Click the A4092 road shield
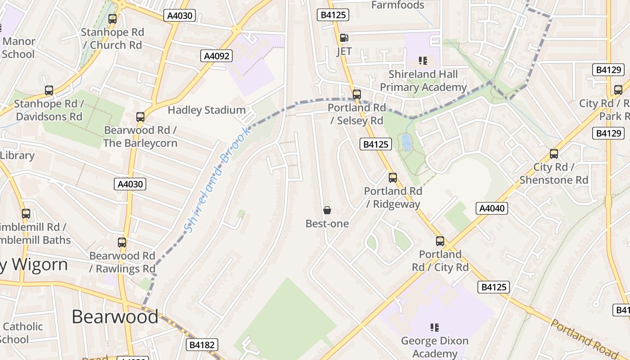point(216,56)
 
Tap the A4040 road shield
point(492,208)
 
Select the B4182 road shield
point(202,345)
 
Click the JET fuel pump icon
point(344,38)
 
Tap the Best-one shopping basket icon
point(327,210)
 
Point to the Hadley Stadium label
point(207,110)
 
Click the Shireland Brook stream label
point(216,180)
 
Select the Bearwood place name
point(115,316)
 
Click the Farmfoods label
point(398,5)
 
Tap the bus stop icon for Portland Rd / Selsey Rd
point(357,94)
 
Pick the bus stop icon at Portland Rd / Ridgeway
point(393,178)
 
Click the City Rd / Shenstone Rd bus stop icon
point(554,154)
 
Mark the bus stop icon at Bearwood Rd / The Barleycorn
point(140,117)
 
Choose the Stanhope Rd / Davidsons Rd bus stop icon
point(49,90)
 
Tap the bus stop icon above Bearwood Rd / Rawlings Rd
point(122,243)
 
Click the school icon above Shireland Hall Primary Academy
point(423,60)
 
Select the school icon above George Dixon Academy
point(434,327)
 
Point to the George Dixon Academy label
point(435,347)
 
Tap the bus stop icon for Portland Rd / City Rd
point(440,241)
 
